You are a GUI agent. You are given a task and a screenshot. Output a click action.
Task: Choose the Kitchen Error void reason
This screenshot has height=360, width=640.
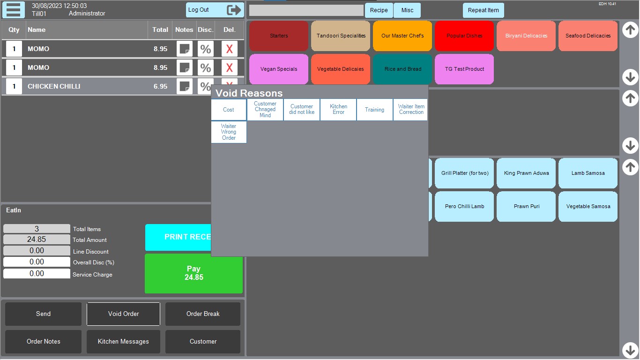(x=338, y=110)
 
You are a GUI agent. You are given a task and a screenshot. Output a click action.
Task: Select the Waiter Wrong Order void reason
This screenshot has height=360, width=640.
(x=229, y=132)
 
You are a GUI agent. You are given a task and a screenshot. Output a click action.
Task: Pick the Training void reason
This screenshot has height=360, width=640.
(x=374, y=110)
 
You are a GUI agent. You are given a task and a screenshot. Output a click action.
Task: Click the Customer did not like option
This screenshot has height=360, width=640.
(x=302, y=110)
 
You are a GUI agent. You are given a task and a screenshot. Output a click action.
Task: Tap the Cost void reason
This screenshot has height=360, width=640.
(x=229, y=110)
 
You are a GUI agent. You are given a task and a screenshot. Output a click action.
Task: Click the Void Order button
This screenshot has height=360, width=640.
(x=123, y=314)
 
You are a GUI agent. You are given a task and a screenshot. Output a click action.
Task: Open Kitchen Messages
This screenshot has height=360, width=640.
(x=123, y=342)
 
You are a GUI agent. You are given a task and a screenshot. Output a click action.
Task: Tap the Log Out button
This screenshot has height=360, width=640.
(x=215, y=10)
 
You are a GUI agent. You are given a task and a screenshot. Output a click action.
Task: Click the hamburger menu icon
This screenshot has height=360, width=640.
(x=14, y=10)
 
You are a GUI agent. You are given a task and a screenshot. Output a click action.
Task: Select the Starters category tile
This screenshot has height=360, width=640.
(x=279, y=36)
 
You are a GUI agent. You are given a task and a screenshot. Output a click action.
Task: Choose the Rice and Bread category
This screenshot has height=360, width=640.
(x=402, y=69)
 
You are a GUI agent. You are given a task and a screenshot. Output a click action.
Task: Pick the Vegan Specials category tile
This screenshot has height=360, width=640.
(x=279, y=69)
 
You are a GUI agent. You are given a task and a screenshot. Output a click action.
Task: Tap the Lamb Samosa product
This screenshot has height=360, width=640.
(x=588, y=173)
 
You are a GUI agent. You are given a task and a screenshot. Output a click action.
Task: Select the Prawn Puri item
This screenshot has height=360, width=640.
(x=526, y=207)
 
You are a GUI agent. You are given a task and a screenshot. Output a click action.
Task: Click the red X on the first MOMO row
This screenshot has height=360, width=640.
(x=229, y=49)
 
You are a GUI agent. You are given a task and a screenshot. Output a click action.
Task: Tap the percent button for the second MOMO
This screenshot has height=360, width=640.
(x=205, y=67)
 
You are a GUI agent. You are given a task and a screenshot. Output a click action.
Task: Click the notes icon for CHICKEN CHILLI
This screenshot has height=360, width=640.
(x=185, y=86)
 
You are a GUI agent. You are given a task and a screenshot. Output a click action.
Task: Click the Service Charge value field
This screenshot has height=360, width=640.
(x=37, y=274)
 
